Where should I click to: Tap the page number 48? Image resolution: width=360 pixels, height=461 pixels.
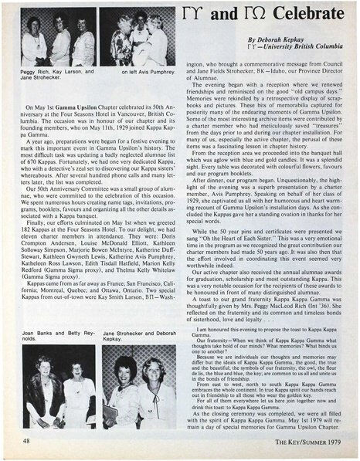tap(27, 440)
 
